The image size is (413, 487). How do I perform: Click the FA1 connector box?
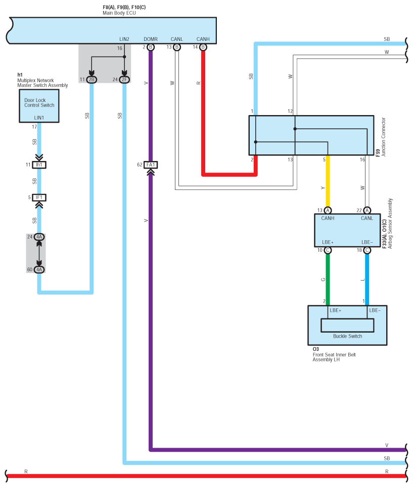click(x=151, y=165)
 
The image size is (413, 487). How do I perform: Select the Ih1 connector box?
click(x=39, y=165)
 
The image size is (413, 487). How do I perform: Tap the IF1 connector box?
click(x=39, y=197)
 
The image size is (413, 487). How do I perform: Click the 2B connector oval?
click(x=91, y=80)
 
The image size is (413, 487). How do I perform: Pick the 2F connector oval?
click(x=124, y=80)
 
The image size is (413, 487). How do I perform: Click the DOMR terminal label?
click(x=151, y=39)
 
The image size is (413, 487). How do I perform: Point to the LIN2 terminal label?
click(x=124, y=39)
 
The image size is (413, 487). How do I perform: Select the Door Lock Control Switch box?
click(x=39, y=106)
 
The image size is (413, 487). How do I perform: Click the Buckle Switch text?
click(x=347, y=336)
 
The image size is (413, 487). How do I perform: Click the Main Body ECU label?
click(x=119, y=13)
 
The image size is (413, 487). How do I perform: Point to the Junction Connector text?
click(x=384, y=137)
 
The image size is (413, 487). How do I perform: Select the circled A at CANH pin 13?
click(x=328, y=210)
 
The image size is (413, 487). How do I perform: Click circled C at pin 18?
click(x=367, y=250)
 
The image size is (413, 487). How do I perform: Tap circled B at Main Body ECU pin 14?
click(x=203, y=47)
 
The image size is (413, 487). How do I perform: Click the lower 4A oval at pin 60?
click(x=39, y=269)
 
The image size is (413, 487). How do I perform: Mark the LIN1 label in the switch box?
click(x=39, y=118)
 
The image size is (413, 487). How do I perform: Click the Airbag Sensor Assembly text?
click(x=390, y=224)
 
